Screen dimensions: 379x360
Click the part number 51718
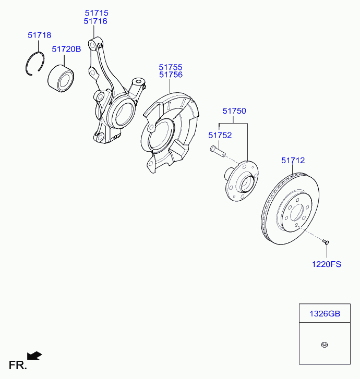pyautogui.click(x=39, y=35)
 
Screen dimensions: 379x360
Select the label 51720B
pyautogui.click(x=66, y=49)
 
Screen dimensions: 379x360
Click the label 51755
pyautogui.click(x=171, y=67)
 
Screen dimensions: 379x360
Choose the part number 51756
pyautogui.click(x=171, y=75)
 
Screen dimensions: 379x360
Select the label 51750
pyautogui.click(x=234, y=111)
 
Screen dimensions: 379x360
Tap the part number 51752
pyautogui.click(x=220, y=135)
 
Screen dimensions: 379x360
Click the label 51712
pyautogui.click(x=293, y=161)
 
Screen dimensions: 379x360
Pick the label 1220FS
pyautogui.click(x=326, y=264)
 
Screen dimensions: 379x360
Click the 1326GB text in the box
pyautogui.click(x=325, y=314)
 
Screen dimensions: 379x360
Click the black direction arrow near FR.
pyautogui.click(x=35, y=356)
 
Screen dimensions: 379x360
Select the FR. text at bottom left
pyautogui.click(x=17, y=365)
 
